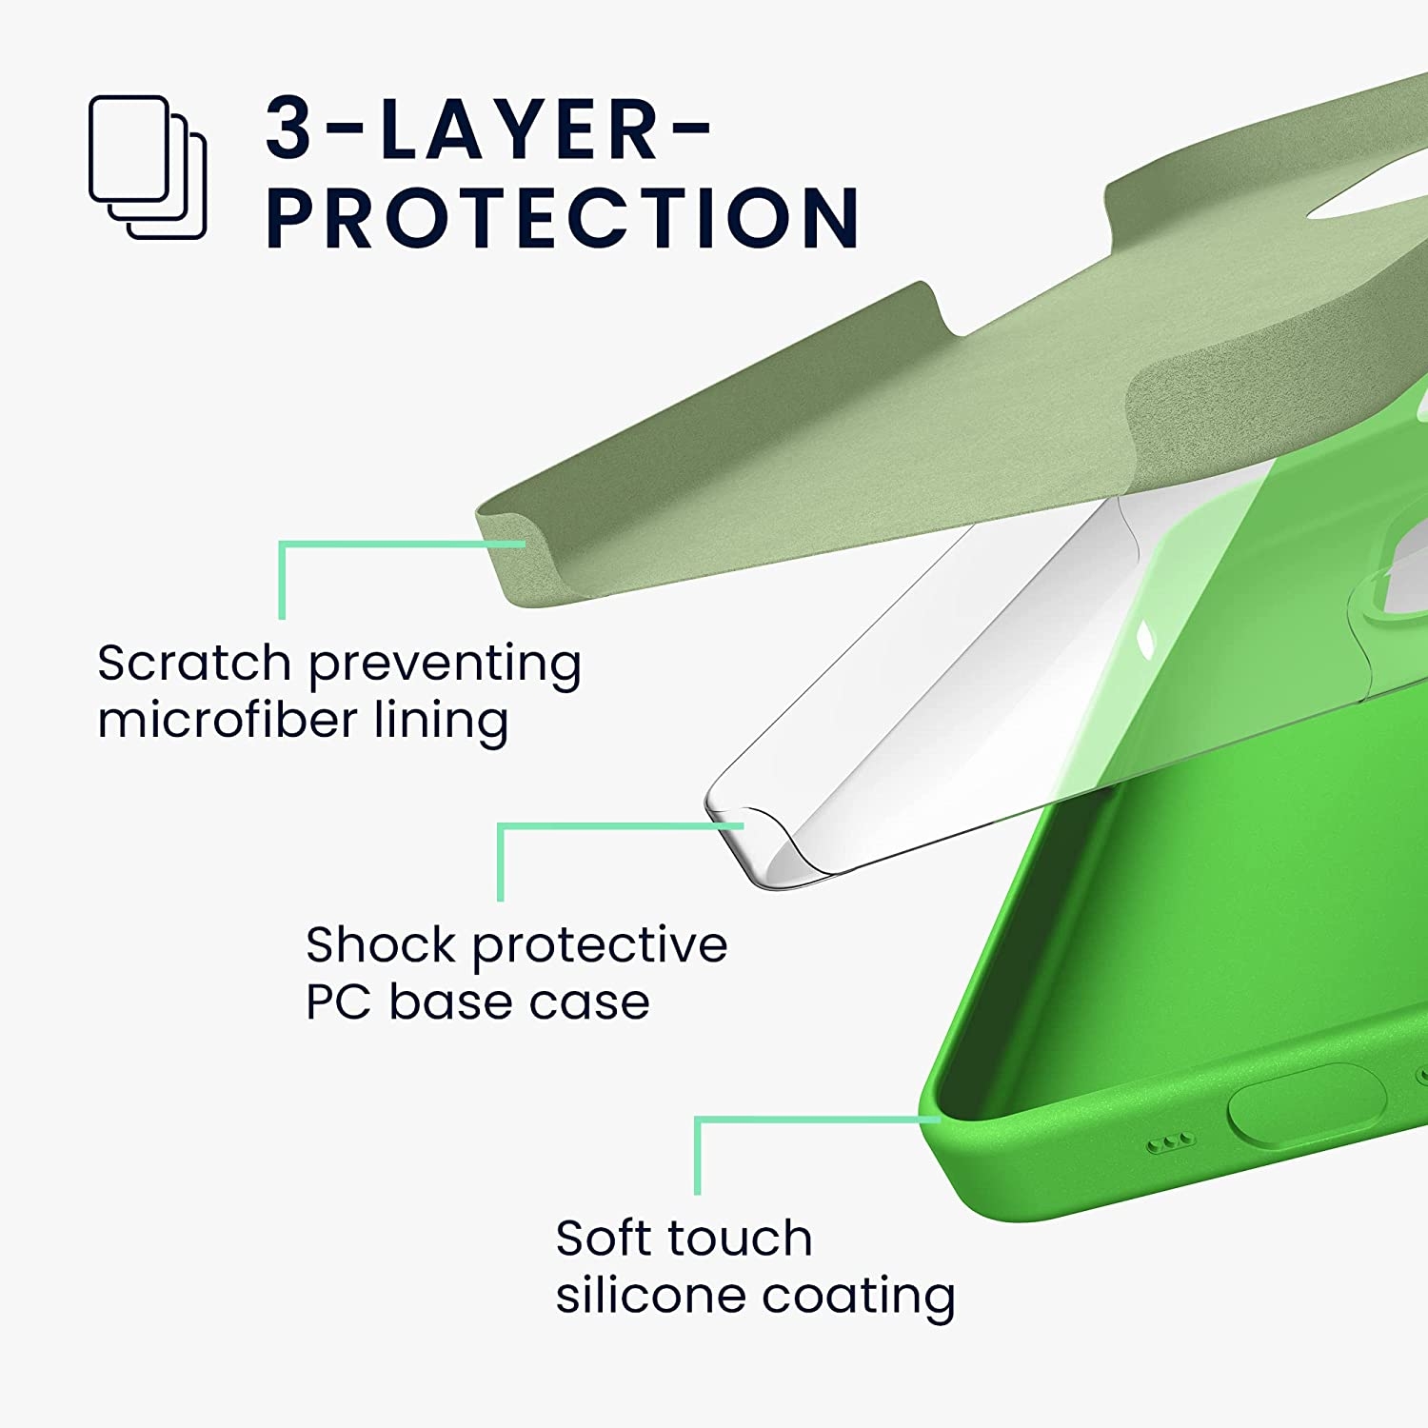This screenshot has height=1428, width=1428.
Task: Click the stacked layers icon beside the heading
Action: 148,167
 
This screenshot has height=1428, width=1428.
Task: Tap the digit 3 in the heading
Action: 289,129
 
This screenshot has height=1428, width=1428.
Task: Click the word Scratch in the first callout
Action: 194,663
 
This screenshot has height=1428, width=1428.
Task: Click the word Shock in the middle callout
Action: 381,944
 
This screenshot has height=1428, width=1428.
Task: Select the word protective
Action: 601,946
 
